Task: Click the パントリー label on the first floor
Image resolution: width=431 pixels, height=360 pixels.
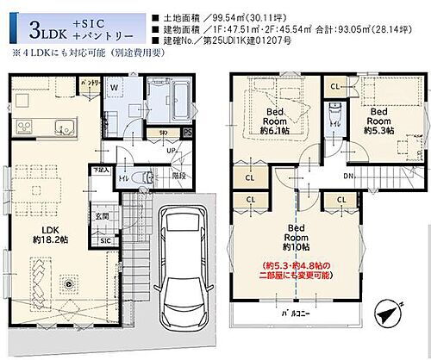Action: (x=89, y=82)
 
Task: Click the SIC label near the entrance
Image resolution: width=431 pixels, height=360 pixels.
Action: (x=105, y=240)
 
